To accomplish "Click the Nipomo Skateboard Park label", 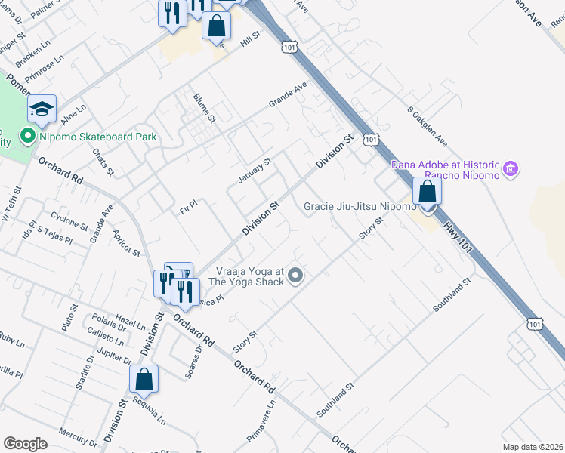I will pyautogui.click(x=99, y=137).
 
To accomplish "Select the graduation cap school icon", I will pyautogui.click(x=42, y=109).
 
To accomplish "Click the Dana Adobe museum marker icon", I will pyautogui.click(x=511, y=168).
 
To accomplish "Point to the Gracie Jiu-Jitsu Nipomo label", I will pyautogui.click(x=360, y=206).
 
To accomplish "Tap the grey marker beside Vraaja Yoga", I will pyautogui.click(x=296, y=276).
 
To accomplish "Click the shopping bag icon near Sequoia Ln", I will pyautogui.click(x=144, y=381).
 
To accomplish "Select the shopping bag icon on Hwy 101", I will pyautogui.click(x=428, y=191).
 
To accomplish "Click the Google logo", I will pyautogui.click(x=26, y=444).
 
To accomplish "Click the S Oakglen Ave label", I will pyautogui.click(x=427, y=126).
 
